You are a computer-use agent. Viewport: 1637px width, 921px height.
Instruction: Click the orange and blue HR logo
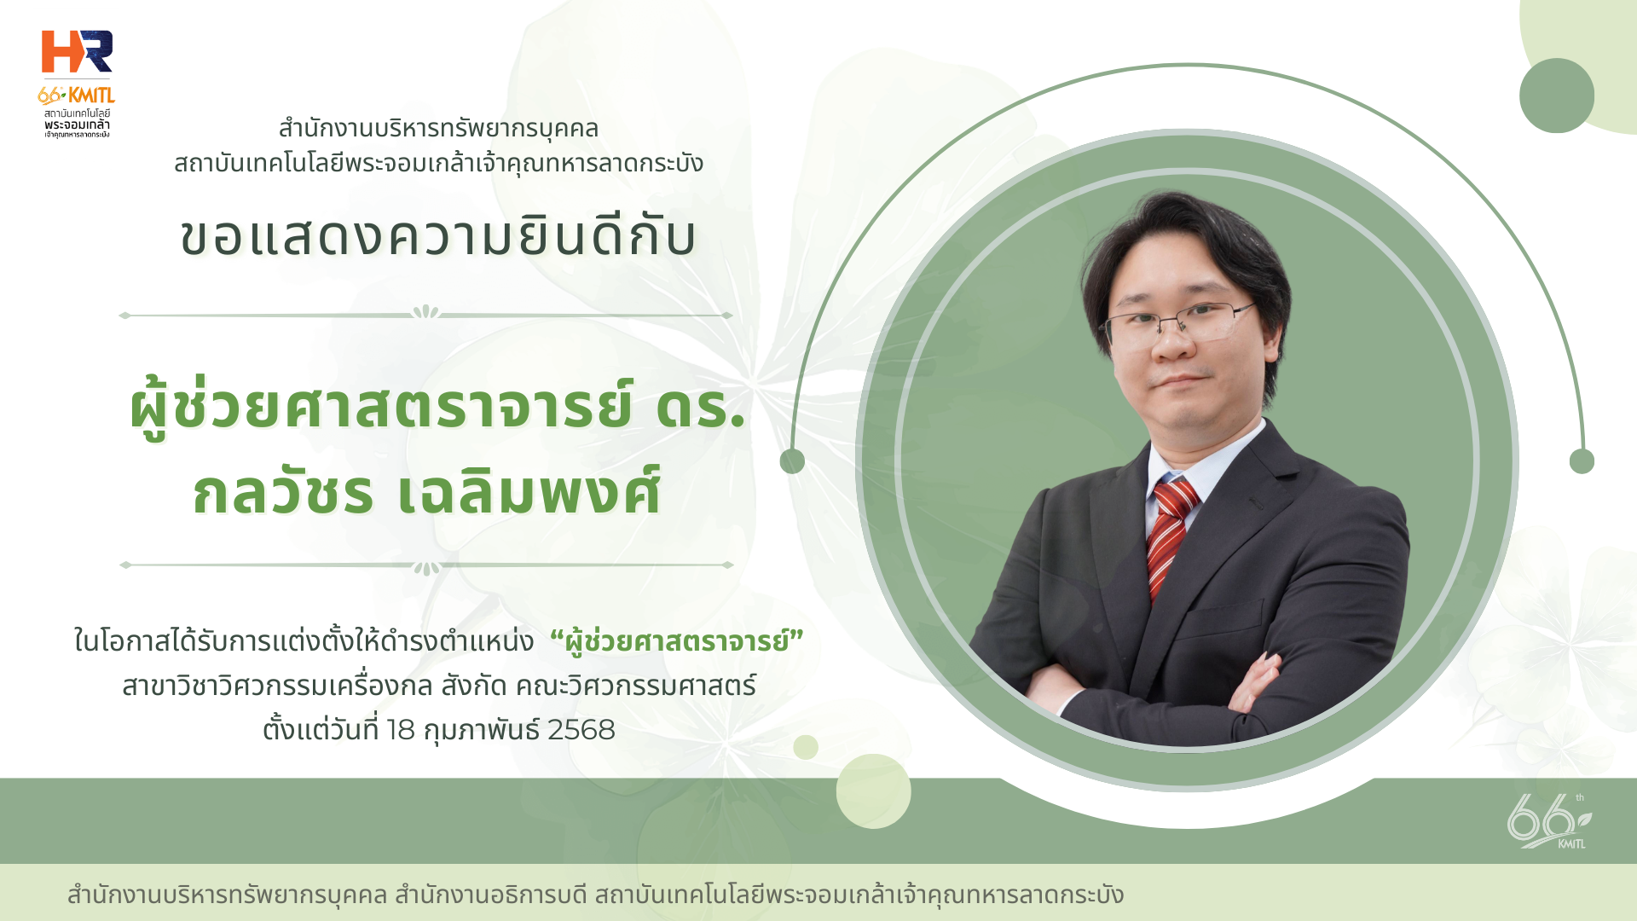click(x=77, y=52)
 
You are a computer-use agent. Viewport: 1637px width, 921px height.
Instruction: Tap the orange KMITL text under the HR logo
click(x=91, y=96)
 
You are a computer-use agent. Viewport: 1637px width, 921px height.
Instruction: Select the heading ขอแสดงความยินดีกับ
click(x=438, y=236)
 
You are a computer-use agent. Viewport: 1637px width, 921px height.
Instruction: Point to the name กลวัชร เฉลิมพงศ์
click(x=427, y=492)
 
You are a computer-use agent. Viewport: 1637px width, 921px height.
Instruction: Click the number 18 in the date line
click(x=401, y=730)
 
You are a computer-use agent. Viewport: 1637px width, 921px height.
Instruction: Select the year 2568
click(x=581, y=730)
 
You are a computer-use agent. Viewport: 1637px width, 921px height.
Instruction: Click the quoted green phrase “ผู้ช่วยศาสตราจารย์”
click(x=677, y=641)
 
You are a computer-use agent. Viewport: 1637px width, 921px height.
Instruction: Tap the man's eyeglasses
click(x=1177, y=323)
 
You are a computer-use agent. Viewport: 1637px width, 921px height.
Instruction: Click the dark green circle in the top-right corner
click(x=1557, y=96)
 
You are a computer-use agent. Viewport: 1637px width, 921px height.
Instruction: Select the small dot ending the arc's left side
click(x=792, y=461)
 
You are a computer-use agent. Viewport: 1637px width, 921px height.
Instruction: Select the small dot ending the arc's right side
click(x=1582, y=461)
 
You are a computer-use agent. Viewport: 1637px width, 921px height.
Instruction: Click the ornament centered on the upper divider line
click(x=425, y=313)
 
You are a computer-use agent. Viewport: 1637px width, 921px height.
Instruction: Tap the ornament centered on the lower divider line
click(x=426, y=567)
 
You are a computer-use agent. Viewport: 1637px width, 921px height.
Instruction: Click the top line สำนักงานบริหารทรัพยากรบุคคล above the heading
click(x=438, y=129)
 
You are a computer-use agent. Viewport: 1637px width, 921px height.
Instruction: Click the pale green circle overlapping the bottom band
click(x=874, y=791)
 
